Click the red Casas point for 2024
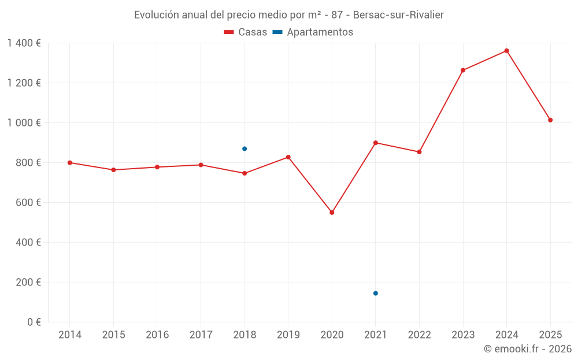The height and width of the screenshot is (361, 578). pyautogui.click(x=506, y=51)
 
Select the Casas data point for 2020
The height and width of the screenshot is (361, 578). pyautogui.click(x=332, y=213)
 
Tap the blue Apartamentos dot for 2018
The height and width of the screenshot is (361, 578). pyautogui.click(x=244, y=149)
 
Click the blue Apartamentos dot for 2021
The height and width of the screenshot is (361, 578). pyautogui.click(x=376, y=293)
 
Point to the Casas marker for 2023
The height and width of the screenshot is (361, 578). pyautogui.click(x=463, y=70)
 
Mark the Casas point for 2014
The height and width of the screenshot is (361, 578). pyautogui.click(x=70, y=163)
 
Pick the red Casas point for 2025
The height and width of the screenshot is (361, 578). pyautogui.click(x=550, y=120)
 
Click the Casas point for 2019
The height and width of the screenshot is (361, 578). pyautogui.click(x=288, y=157)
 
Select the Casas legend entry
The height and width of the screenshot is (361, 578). pyautogui.click(x=246, y=32)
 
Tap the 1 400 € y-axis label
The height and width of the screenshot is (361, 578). pyautogui.click(x=24, y=43)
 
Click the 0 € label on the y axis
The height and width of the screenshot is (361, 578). pyautogui.click(x=33, y=322)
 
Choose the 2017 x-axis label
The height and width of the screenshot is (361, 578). pyautogui.click(x=201, y=335)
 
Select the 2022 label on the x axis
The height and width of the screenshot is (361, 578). pyautogui.click(x=419, y=335)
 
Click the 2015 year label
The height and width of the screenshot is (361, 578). pyautogui.click(x=113, y=335)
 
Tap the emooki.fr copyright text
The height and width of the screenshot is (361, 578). pyautogui.click(x=527, y=349)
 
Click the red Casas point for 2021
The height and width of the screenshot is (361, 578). pyautogui.click(x=376, y=143)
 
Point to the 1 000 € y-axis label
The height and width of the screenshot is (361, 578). pyautogui.click(x=24, y=123)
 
